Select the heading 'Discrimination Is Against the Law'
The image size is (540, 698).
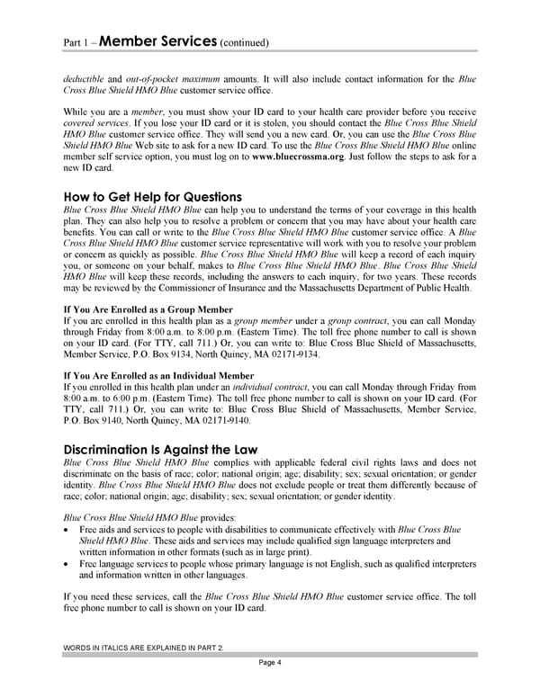tap(160, 450)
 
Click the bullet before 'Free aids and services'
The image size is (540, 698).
tap(70, 531)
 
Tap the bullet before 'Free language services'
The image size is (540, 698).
tap(70, 564)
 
